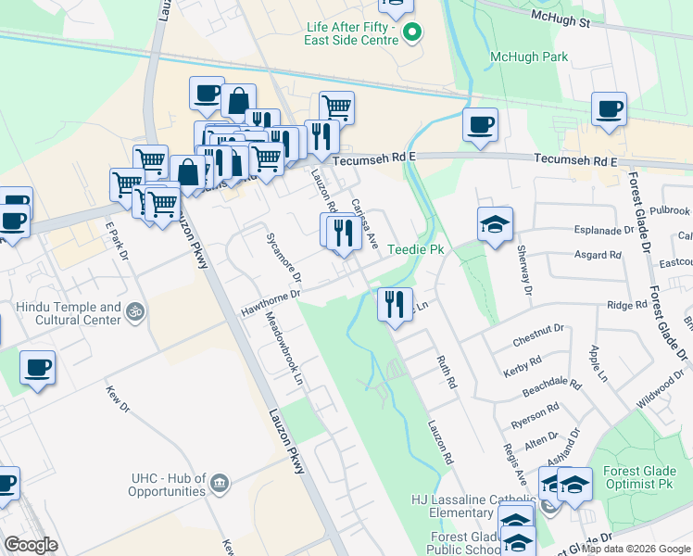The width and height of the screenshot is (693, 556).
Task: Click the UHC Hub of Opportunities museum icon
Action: tap(219, 482)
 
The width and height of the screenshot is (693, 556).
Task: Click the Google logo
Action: tap(31, 545)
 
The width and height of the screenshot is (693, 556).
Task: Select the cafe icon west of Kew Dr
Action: tap(37, 368)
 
